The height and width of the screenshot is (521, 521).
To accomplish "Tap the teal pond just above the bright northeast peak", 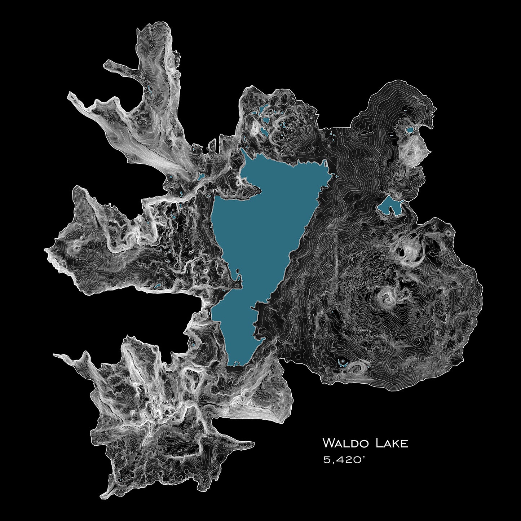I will [x=410, y=129].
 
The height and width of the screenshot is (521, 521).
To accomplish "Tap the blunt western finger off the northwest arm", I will [x=106, y=65].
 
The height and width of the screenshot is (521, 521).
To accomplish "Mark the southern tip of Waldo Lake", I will [x=234, y=364].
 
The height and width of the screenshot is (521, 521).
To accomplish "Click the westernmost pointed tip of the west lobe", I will [x=45, y=250].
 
